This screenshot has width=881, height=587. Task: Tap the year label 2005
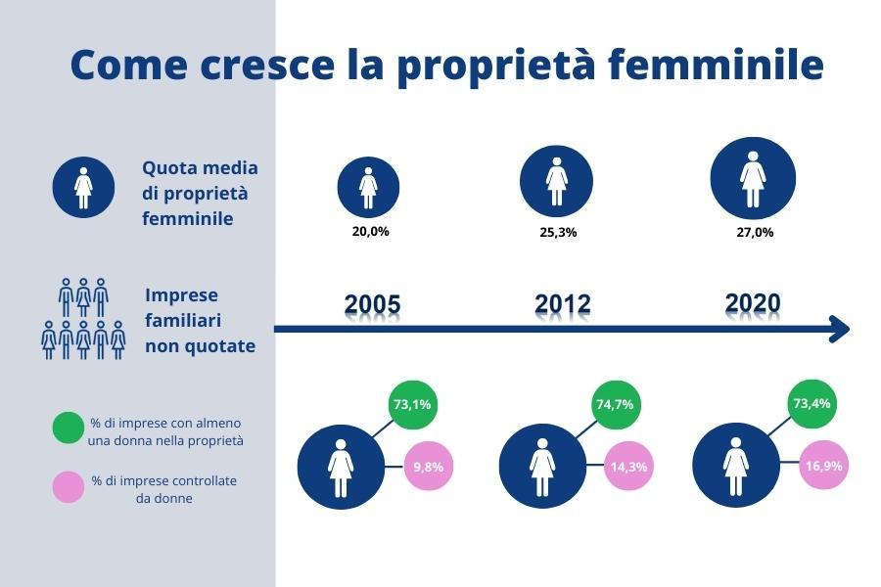[372, 304]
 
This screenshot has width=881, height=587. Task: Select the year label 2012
[563, 304]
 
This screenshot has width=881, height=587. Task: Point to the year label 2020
[753, 302]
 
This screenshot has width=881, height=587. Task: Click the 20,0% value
[370, 232]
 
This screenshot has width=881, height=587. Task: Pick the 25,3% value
[559, 232]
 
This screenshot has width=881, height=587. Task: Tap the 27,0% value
[755, 232]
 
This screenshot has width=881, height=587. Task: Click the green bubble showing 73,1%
[412, 404]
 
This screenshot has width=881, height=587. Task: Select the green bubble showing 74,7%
[616, 404]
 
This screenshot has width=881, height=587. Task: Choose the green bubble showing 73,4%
[811, 403]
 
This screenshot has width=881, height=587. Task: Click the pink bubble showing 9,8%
[429, 467]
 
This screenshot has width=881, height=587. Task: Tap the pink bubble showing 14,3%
[628, 467]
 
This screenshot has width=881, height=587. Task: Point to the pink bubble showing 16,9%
[823, 466]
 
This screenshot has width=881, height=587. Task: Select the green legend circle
[69, 429]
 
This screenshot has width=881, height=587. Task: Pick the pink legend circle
[69, 487]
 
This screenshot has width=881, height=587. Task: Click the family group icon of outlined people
[83, 319]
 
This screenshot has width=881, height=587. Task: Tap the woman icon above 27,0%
[753, 179]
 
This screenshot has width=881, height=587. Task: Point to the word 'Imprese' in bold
[181, 295]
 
